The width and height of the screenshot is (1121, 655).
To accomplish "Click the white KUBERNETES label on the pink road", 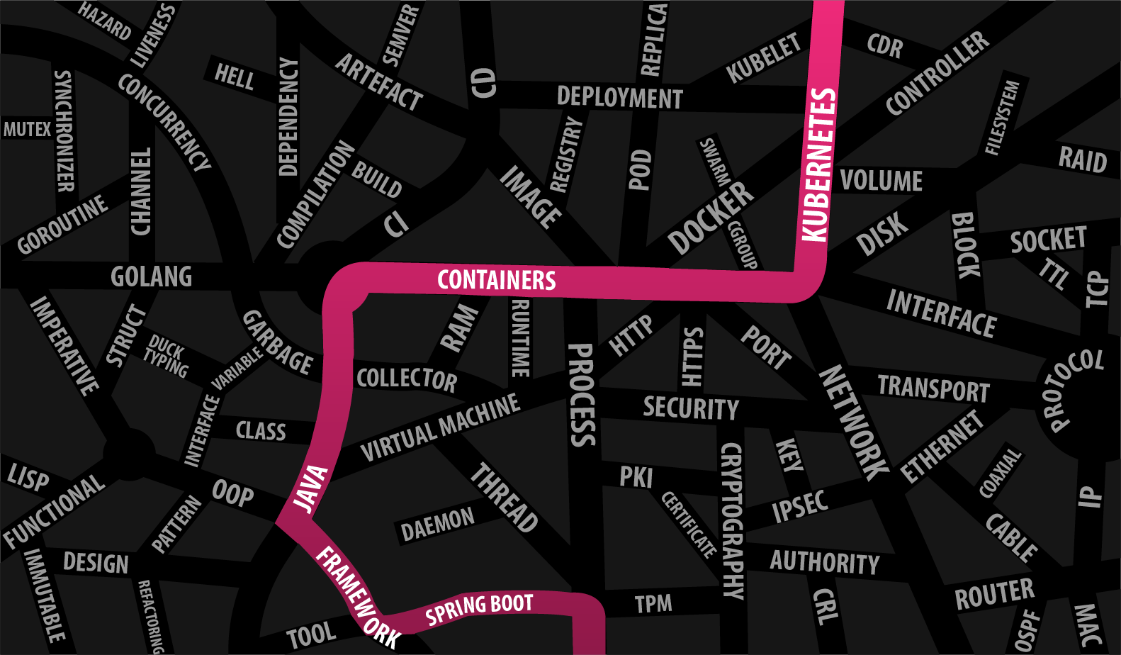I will coord(818,164).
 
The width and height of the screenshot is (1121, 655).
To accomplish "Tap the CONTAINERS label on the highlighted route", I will coord(496,280).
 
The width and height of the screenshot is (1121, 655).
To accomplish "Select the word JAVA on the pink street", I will coord(311,488).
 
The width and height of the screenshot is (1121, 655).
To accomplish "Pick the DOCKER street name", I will coord(711,217).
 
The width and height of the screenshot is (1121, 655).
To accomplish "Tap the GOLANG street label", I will coord(151,276).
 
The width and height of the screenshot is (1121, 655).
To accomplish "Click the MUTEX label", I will coord(27,129).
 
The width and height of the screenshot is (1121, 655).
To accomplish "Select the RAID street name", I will coord(1082,159).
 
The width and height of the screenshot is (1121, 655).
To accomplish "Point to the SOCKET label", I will coord(1048,240).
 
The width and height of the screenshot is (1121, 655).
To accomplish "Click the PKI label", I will coord(636,477).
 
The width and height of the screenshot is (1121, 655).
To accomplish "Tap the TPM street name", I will coord(653,604).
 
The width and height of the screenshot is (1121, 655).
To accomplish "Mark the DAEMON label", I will coord(437,524).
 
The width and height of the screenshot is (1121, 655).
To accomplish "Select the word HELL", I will coord(234,76).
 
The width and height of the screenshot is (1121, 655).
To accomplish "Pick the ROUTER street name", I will coord(994,594).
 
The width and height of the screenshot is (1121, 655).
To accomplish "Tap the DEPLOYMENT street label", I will coord(619,97).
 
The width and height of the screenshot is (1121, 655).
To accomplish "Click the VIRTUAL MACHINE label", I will coord(440,427).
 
